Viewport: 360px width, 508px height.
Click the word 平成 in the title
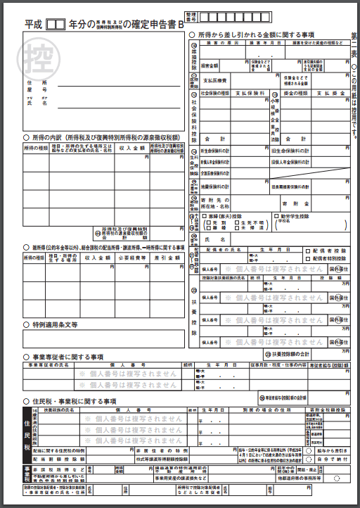33,24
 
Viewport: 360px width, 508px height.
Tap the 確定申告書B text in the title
153,24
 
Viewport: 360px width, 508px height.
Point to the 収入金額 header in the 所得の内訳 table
129,148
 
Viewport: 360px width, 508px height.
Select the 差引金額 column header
167,258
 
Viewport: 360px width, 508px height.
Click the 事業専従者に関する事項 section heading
67,357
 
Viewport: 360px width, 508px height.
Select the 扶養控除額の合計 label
291,352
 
